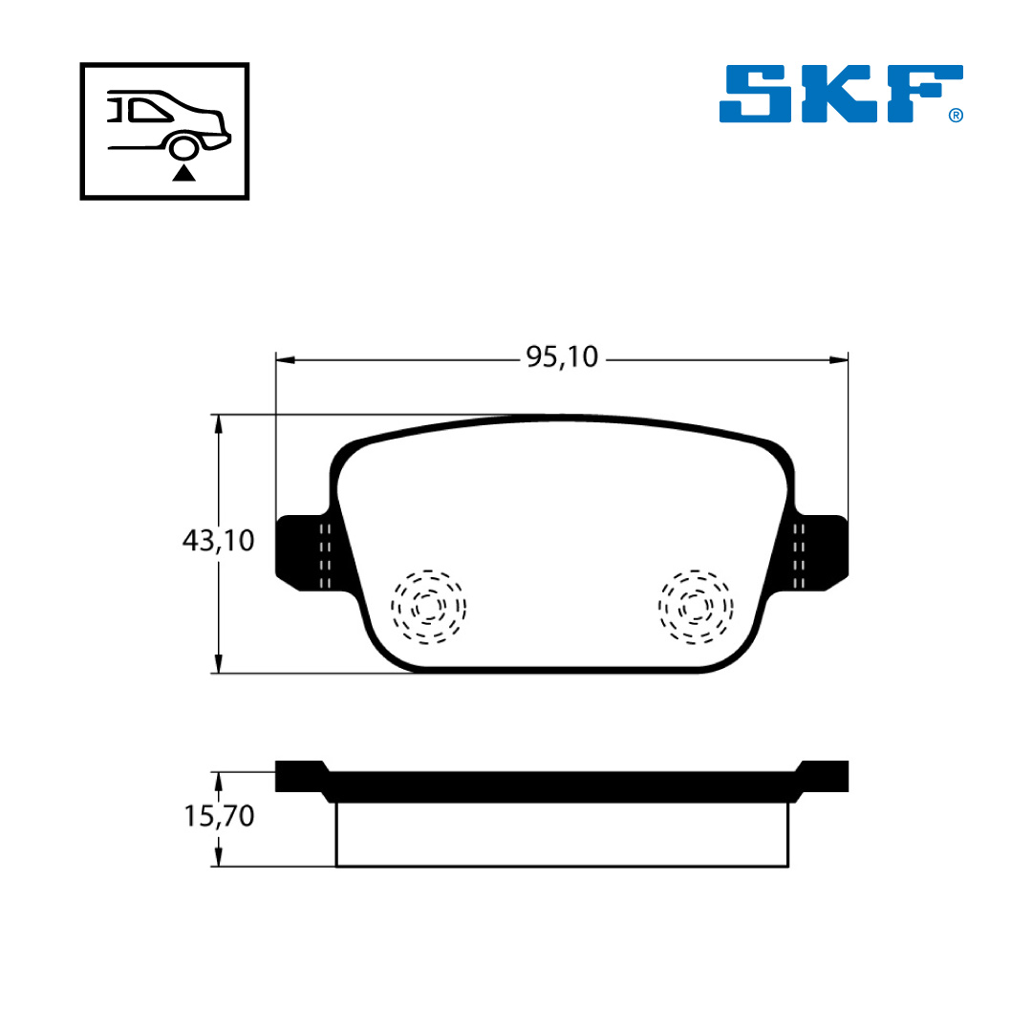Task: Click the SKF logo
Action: click(841, 94)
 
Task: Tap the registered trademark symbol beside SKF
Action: click(956, 116)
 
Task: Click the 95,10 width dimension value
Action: click(562, 356)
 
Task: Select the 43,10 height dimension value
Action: click(218, 540)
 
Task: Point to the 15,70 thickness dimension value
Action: click(219, 816)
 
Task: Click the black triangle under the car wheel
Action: click(183, 173)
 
